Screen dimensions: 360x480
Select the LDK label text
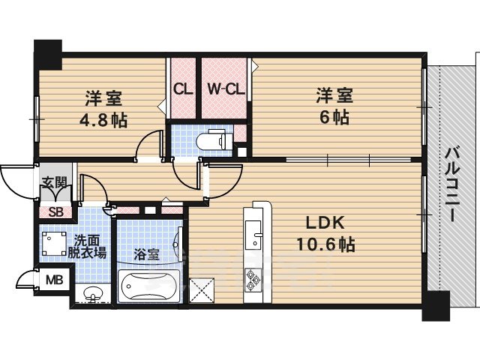coord(323,223)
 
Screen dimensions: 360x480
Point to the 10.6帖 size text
coord(325,244)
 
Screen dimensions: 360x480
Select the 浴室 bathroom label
coord(145,255)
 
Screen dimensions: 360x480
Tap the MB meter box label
coord(55,282)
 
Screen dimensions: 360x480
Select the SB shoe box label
coord(55,211)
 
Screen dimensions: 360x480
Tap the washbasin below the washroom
coord(91,294)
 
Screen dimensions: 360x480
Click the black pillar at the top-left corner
coord(48,50)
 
